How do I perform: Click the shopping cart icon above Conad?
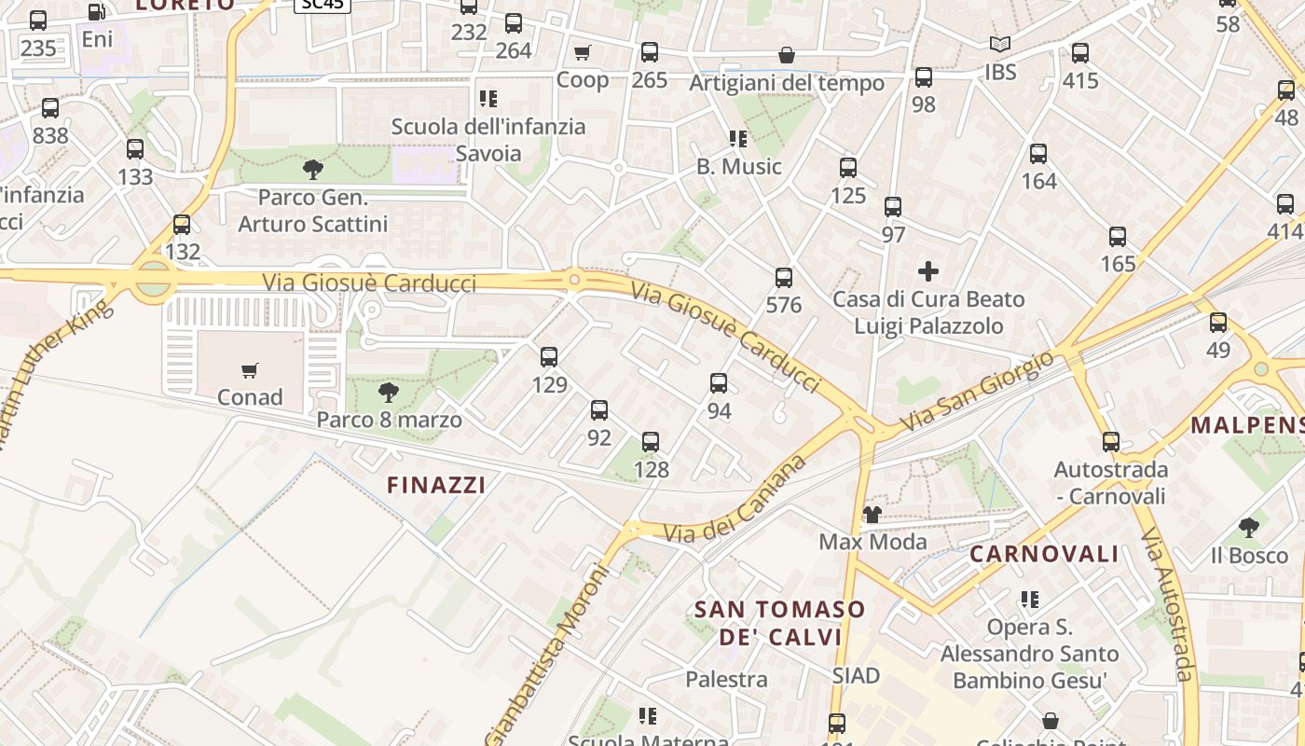(x=249, y=371)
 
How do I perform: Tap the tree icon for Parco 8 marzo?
(x=389, y=393)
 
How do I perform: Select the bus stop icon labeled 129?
(x=549, y=356)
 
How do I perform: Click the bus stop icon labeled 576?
(x=784, y=277)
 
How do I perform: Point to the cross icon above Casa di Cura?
(x=928, y=271)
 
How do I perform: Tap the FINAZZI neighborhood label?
(x=436, y=485)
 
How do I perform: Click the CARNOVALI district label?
(x=1044, y=554)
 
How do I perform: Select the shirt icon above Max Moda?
(x=872, y=514)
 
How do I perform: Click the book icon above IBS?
(x=1000, y=44)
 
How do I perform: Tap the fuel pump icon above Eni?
(x=97, y=12)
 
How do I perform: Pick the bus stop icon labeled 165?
(x=1118, y=237)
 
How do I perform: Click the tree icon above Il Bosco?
(x=1249, y=528)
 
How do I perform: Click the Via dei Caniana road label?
(x=734, y=501)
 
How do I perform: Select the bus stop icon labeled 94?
(x=719, y=382)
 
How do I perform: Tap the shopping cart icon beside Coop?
(x=583, y=52)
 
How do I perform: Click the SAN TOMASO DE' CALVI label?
(x=780, y=623)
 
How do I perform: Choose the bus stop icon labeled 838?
(x=50, y=108)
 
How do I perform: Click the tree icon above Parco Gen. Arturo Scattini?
(x=313, y=169)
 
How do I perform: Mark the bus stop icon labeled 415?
(x=1080, y=53)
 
